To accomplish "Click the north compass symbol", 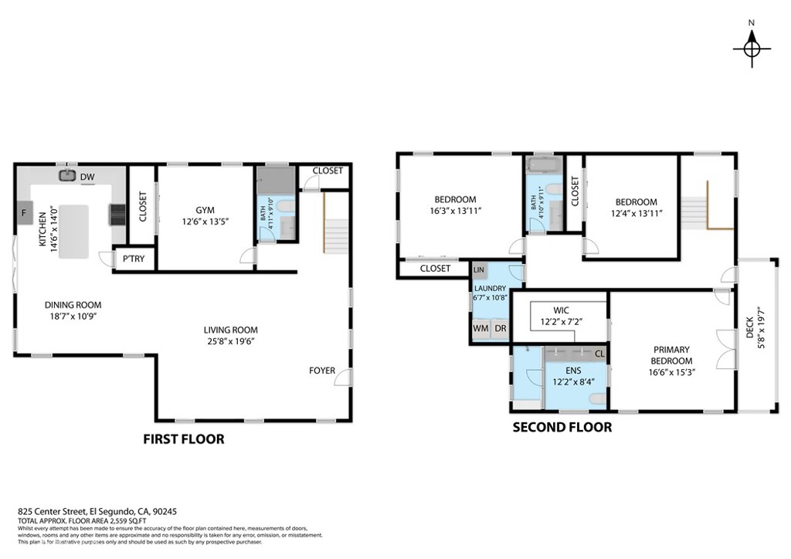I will (751, 48).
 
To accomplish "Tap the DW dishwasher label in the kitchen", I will (87, 177).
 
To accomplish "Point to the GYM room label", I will (205, 209).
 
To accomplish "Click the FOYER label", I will (322, 371).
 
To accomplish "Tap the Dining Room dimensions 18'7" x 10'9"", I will (73, 316).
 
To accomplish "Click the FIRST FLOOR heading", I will (184, 439).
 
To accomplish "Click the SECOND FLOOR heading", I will (562, 427).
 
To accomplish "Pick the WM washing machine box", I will (480, 329).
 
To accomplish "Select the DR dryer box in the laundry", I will (500, 329).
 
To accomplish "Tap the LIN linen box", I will (479, 270).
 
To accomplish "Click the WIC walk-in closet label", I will (561, 310).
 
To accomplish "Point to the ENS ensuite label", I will (573, 370).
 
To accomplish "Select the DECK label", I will (749, 327).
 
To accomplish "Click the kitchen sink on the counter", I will (66, 175).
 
